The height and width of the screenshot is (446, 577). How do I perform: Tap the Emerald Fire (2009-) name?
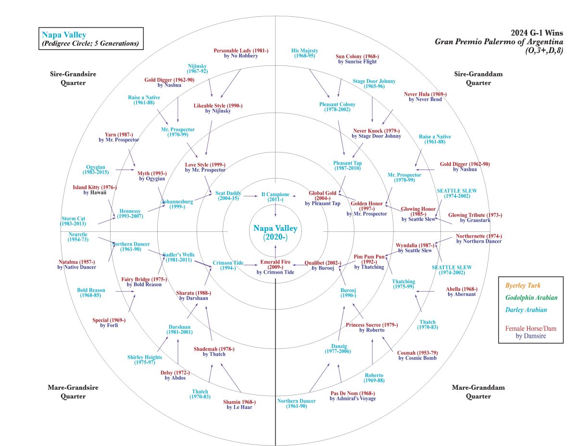click(x=275, y=262)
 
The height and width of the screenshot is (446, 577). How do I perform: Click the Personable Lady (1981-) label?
click(x=241, y=50)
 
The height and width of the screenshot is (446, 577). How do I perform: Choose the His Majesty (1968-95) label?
click(x=305, y=50)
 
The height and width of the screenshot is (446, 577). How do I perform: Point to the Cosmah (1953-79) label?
click(x=417, y=353)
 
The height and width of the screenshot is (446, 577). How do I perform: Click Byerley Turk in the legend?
click(x=522, y=285)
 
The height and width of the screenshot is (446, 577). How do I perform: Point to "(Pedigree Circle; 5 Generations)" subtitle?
click(x=90, y=44)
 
